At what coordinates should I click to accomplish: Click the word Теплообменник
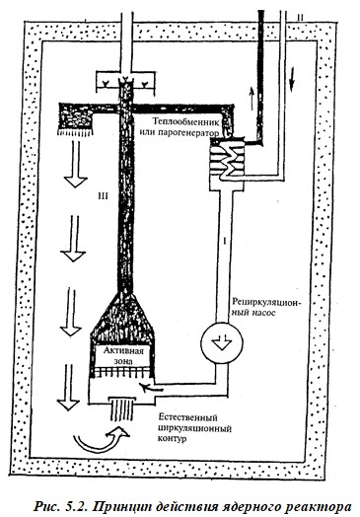pyautogui.click(x=185, y=121)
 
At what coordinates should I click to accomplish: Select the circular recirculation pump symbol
pyautogui.click(x=222, y=343)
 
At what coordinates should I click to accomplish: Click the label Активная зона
pyautogui.click(x=123, y=355)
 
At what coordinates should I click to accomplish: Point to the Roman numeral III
pyautogui.click(x=103, y=196)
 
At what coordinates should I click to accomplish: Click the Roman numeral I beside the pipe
pyautogui.click(x=225, y=242)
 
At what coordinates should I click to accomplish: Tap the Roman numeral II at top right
pyautogui.click(x=300, y=18)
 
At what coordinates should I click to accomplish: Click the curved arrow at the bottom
pyautogui.click(x=99, y=441)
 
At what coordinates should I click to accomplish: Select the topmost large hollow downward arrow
pyautogui.click(x=76, y=164)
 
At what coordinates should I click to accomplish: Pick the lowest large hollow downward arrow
pyautogui.click(x=68, y=388)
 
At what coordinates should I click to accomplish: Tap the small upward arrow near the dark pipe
pyautogui.click(x=252, y=99)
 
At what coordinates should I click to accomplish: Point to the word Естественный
pyautogui.click(x=188, y=418)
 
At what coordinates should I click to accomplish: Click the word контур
pyautogui.click(x=172, y=438)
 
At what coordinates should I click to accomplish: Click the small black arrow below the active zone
pyautogui.click(x=151, y=387)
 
